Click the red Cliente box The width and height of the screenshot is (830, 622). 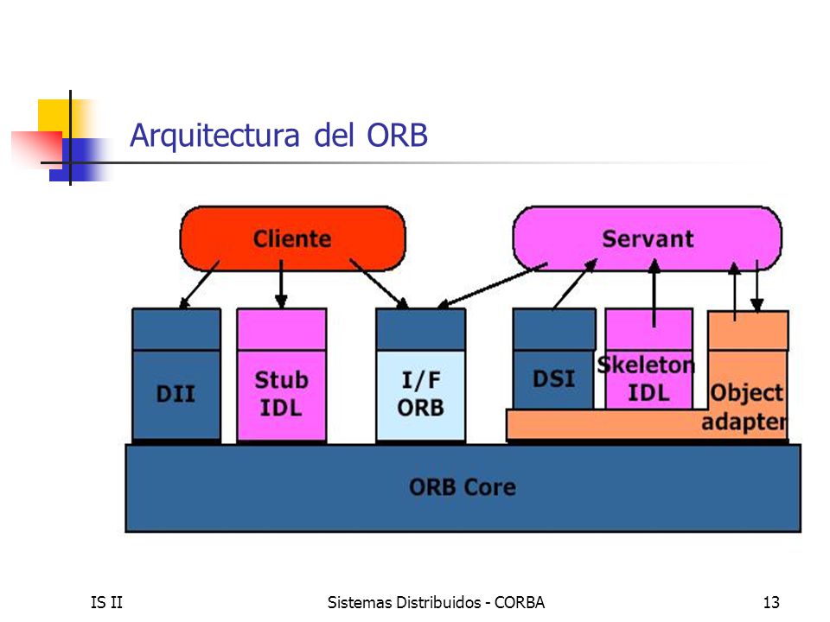click(293, 238)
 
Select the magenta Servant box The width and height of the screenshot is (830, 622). click(648, 238)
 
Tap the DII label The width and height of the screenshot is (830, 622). click(176, 394)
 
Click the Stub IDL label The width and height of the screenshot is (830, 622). click(282, 394)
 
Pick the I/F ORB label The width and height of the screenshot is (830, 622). click(421, 394)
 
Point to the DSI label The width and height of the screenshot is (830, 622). click(553, 379)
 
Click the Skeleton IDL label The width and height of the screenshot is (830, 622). click(647, 379)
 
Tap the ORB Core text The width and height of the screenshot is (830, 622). click(463, 487)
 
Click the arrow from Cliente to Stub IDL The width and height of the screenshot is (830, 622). click(281, 284)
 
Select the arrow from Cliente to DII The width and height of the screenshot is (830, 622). click(199, 284)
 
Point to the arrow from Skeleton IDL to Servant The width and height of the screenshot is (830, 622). click(654, 293)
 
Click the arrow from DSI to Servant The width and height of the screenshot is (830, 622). click(575, 283)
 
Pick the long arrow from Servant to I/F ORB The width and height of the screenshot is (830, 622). click(492, 285)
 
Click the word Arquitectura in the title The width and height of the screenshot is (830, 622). click(215, 136)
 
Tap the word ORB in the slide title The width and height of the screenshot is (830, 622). click(397, 135)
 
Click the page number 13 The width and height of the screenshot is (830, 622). click(771, 602)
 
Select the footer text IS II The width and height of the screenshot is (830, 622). click(106, 602)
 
